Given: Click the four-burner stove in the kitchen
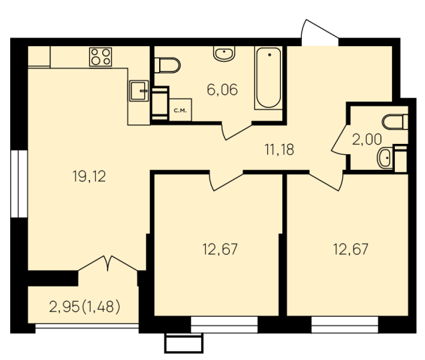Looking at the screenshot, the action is [x=101, y=57].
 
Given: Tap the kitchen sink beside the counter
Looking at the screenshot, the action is [x=139, y=91].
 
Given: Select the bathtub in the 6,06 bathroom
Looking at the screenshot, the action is [x=269, y=78].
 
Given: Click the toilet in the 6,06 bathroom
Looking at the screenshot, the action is [x=167, y=66].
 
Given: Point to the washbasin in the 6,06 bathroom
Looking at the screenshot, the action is [x=224, y=53].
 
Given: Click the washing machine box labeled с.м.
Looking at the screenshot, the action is [x=180, y=110].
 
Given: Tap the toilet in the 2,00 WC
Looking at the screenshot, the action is [x=395, y=122].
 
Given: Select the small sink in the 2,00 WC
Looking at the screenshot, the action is [x=385, y=158].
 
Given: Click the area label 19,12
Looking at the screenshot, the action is [x=89, y=176].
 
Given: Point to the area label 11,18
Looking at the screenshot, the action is [x=279, y=150].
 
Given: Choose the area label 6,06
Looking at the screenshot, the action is [x=223, y=90].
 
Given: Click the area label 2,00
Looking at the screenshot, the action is [x=367, y=140].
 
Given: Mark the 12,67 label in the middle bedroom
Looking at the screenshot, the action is [x=220, y=250].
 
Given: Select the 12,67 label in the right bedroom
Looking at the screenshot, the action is [x=351, y=250].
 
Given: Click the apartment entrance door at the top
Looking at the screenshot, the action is [x=320, y=32].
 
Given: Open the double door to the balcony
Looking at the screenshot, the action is [x=108, y=264].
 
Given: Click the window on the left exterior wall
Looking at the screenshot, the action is [x=19, y=184].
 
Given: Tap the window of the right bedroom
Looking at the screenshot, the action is [x=344, y=325].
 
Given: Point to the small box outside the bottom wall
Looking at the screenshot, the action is [x=184, y=343].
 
